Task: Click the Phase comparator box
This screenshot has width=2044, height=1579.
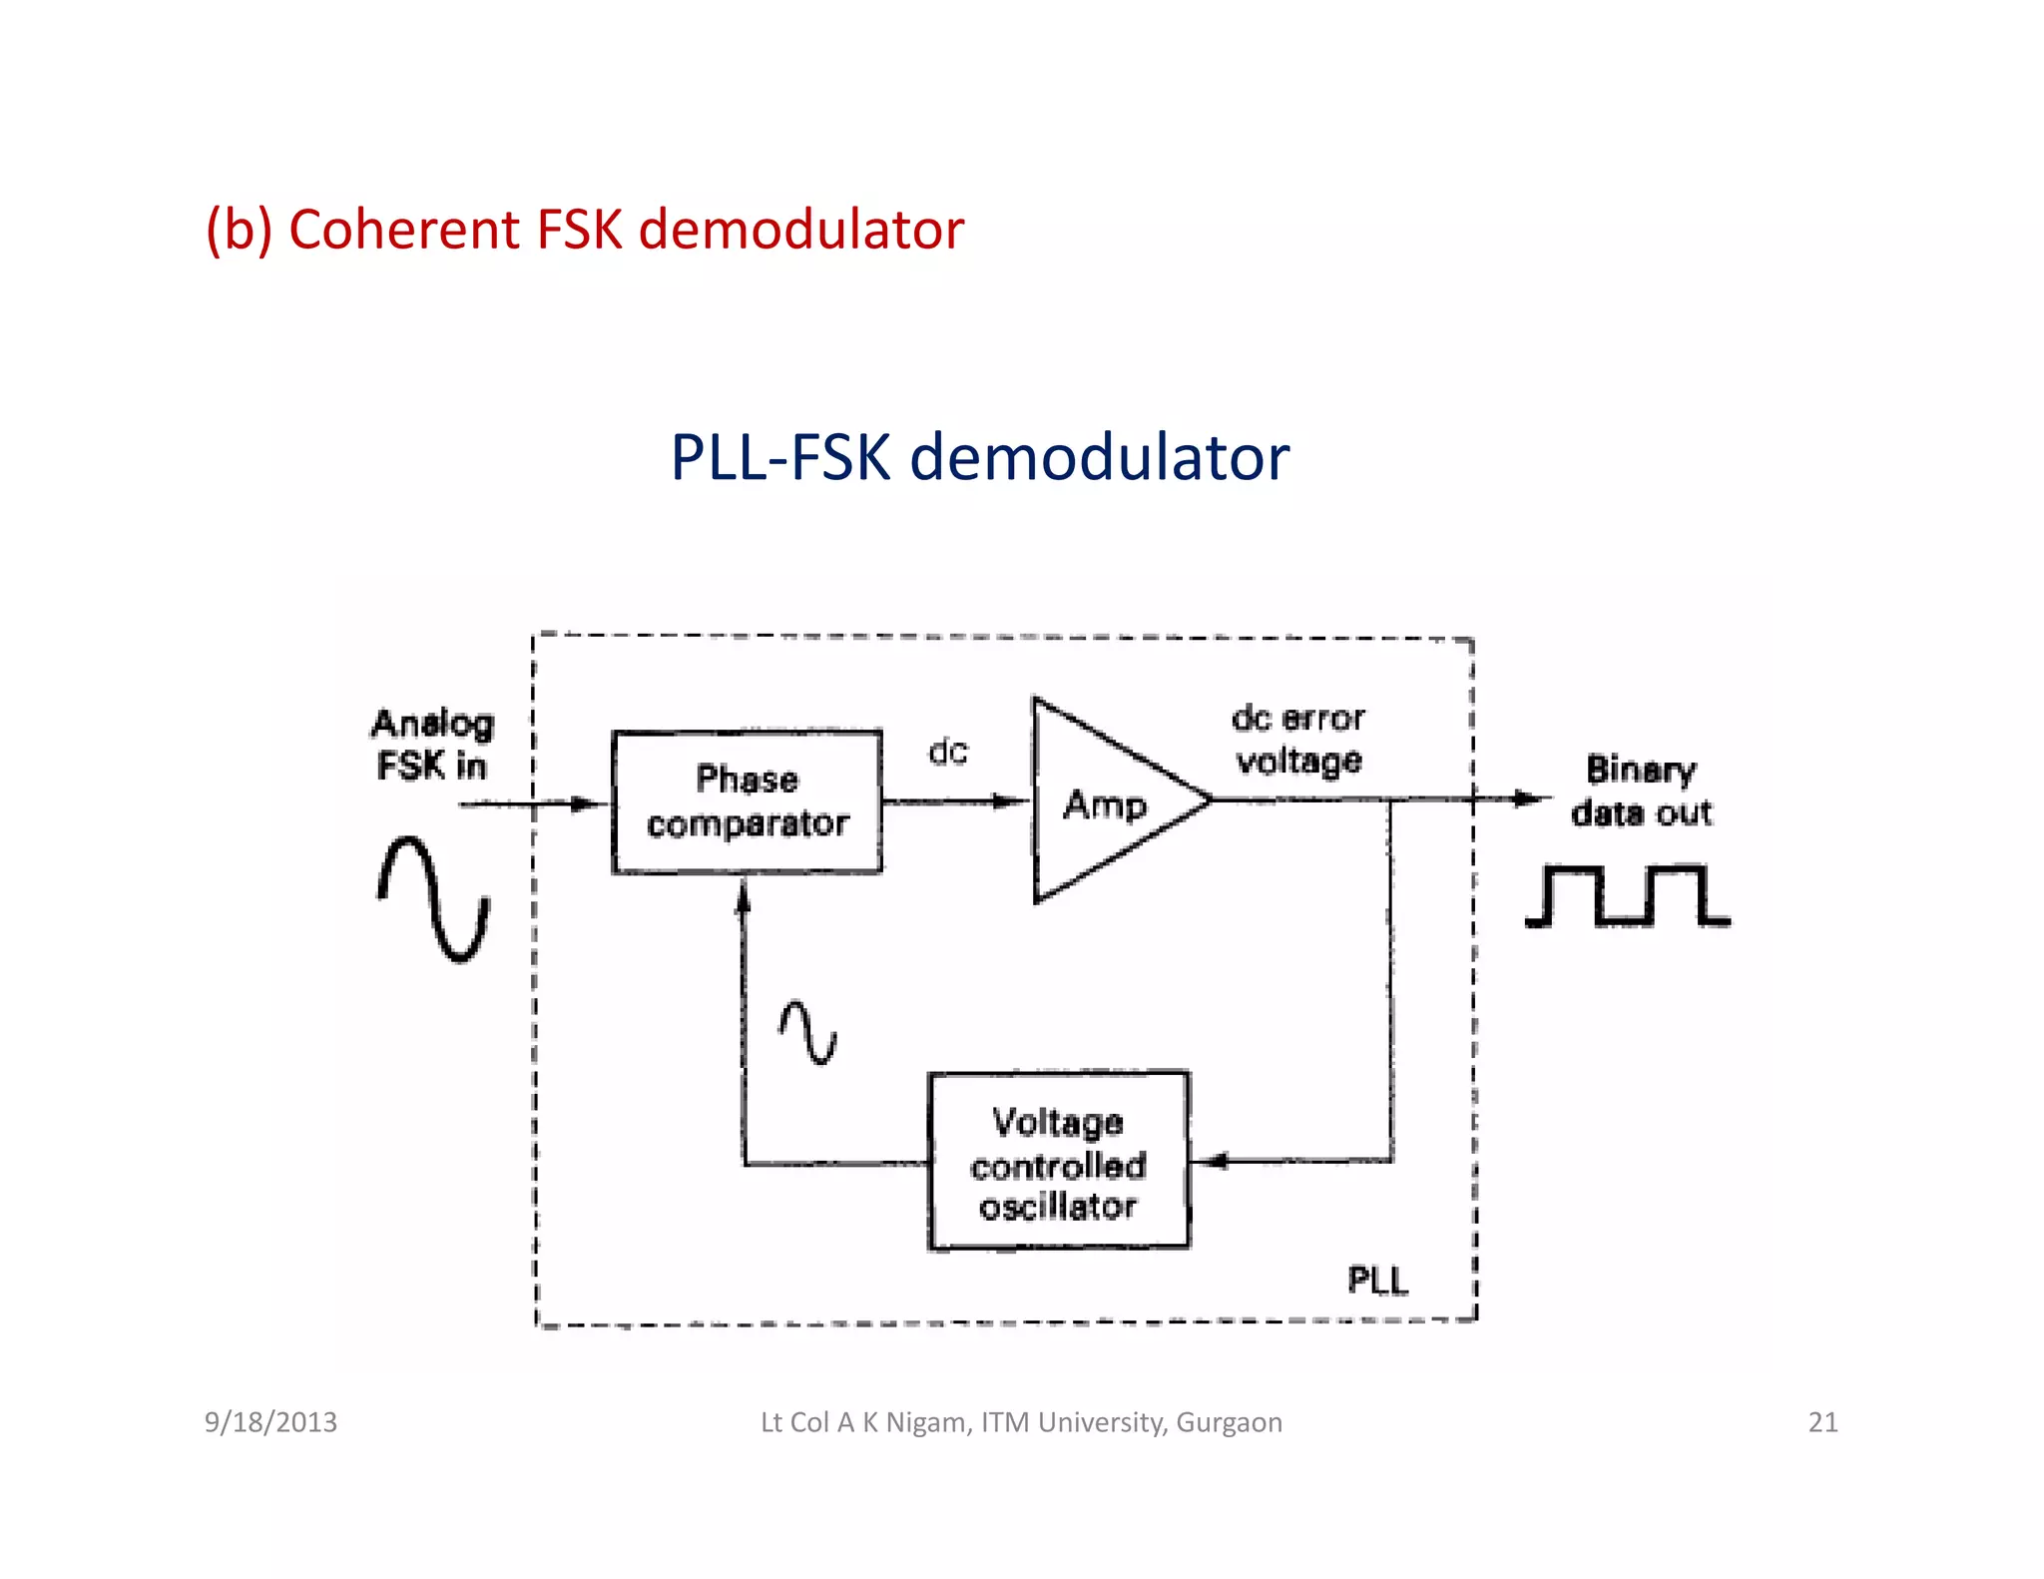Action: point(747,801)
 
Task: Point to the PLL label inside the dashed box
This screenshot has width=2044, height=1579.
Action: point(1377,1280)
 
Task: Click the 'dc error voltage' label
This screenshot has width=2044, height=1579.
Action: point(1297,740)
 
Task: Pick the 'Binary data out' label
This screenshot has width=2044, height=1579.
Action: point(1641,790)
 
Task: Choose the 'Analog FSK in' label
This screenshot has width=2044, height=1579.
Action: point(432,745)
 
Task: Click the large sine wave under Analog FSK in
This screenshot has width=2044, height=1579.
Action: point(433,898)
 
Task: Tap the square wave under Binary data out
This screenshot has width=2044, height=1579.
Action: point(1627,895)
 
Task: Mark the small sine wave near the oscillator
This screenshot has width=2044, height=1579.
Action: point(807,1032)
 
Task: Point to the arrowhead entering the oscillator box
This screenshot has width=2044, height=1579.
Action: point(1210,1161)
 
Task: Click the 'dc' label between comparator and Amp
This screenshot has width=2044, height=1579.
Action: point(948,751)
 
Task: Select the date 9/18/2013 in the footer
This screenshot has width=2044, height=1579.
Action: point(270,1422)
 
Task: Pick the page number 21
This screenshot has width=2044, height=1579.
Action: point(1822,1422)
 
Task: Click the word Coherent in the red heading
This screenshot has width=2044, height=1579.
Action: point(405,230)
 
